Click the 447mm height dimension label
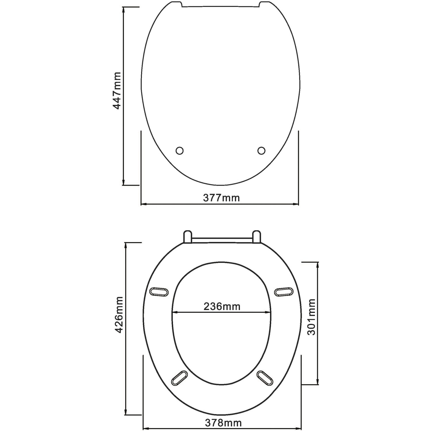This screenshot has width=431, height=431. [116, 91]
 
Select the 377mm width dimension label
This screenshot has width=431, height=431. [221, 198]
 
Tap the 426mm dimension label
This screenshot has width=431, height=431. [119, 315]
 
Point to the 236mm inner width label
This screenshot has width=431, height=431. [222, 307]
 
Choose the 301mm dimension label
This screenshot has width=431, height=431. [311, 317]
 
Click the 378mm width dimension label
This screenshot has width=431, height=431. [223, 423]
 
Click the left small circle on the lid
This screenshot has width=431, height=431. [180, 151]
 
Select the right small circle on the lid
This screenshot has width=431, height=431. [261, 150]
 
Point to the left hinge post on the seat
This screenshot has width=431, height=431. [187, 237]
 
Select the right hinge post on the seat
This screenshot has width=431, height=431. [257, 237]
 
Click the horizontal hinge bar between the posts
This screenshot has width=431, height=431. [222, 239]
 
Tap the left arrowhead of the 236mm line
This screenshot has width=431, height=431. [174, 312]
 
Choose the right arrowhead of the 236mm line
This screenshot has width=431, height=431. [269, 312]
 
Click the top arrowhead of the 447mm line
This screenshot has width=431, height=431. [124, 9]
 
